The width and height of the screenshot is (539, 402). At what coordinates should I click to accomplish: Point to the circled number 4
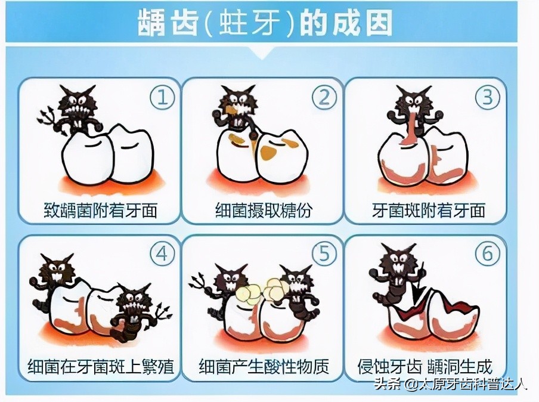click(x=161, y=255)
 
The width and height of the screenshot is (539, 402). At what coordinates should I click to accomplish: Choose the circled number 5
click(x=324, y=255)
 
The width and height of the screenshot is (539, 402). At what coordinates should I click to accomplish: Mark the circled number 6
click(x=487, y=255)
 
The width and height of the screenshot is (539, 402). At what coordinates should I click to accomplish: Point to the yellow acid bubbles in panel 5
click(x=262, y=291)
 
